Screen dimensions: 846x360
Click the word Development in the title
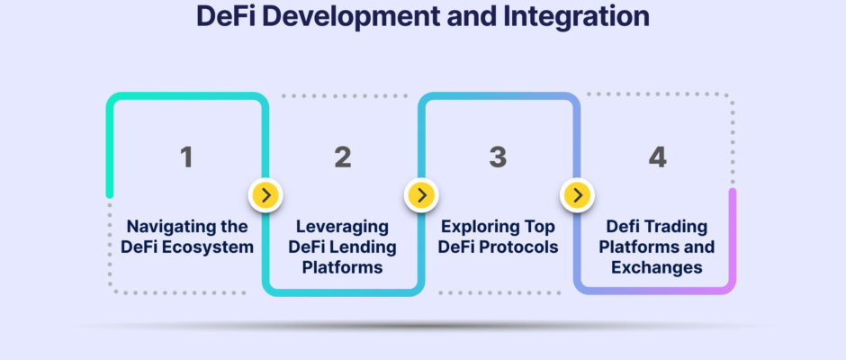pyautogui.click(x=351, y=17)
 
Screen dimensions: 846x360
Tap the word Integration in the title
pyautogui.click(x=577, y=17)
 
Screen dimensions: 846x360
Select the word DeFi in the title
pyautogui.click(x=226, y=16)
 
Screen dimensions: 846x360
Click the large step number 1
pyautogui.click(x=186, y=157)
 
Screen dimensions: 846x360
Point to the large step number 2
pyautogui.click(x=343, y=157)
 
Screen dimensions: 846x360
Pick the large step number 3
pyautogui.click(x=498, y=157)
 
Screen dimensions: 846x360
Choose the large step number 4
pyautogui.click(x=657, y=157)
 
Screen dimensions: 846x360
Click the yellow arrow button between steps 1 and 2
pyautogui.click(x=265, y=194)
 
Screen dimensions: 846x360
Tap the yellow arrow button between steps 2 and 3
pyautogui.click(x=421, y=194)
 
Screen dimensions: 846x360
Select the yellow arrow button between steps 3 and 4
pyautogui.click(x=577, y=194)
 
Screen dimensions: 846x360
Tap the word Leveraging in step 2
pyautogui.click(x=343, y=227)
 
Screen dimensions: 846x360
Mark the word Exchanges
pyautogui.click(x=657, y=267)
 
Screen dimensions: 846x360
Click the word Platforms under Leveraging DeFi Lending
pyautogui.click(x=343, y=267)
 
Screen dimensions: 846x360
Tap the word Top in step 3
pyautogui.click(x=536, y=227)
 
